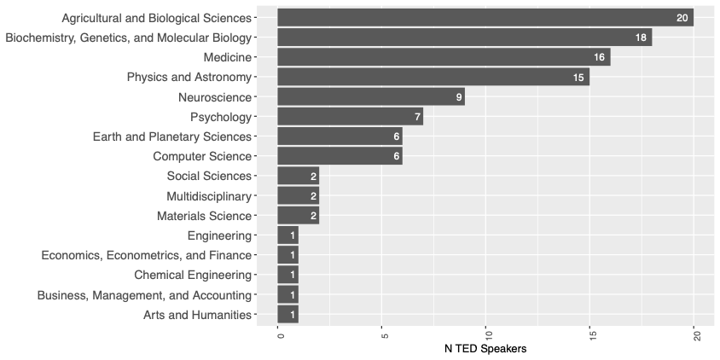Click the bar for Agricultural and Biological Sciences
point(485,17)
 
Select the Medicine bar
point(444,57)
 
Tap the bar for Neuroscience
point(371,96)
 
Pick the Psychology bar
point(350,116)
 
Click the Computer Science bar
point(340,156)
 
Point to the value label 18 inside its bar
point(641,38)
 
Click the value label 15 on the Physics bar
point(578,78)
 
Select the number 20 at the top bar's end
point(682,18)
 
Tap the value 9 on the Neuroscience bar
point(459,97)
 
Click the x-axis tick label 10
point(487,334)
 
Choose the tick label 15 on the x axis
point(591,334)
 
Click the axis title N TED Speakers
point(485,350)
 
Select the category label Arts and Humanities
point(197,315)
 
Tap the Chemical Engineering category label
point(193,275)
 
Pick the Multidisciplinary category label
point(209,195)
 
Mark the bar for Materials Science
point(298,216)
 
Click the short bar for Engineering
point(287,235)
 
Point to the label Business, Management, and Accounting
point(144,295)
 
